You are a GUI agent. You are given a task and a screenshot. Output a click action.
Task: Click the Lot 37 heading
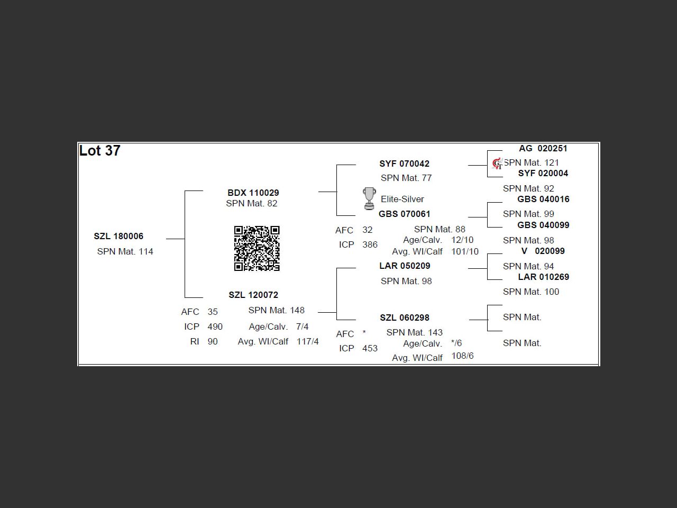point(100,151)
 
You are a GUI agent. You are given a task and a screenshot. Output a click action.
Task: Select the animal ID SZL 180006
point(118,237)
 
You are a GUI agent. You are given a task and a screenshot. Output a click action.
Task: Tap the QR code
point(257,248)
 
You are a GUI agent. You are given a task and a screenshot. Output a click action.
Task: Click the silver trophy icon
point(369,198)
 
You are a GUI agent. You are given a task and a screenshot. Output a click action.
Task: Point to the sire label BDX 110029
point(253,193)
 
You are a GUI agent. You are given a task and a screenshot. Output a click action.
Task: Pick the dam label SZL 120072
point(253,295)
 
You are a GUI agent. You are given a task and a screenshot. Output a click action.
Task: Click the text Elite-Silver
point(402,199)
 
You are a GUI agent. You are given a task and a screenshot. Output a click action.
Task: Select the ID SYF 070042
point(404,164)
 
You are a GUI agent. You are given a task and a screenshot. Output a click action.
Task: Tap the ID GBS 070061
point(404,214)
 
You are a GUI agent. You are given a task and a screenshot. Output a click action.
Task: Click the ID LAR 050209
point(404,266)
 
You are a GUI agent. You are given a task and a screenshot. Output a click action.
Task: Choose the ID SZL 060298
point(404,318)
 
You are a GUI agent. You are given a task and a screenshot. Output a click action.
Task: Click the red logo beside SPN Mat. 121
point(497,164)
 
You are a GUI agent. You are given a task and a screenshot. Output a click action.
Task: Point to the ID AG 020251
point(543,149)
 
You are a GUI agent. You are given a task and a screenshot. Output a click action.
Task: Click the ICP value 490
point(215,327)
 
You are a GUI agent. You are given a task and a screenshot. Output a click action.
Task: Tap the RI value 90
point(213,342)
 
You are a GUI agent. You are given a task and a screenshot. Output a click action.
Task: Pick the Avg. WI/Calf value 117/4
point(307,342)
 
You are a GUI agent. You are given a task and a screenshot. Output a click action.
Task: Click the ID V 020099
point(543,251)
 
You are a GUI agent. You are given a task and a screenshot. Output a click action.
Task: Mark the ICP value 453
point(370,349)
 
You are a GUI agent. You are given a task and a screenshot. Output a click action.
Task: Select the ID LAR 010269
point(543,277)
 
